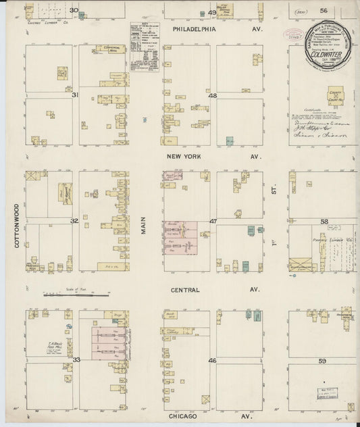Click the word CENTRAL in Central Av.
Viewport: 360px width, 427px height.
pyautogui.click(x=185, y=290)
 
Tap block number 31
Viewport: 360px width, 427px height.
pyautogui.click(x=75, y=95)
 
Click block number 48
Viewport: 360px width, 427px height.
pyautogui.click(x=212, y=96)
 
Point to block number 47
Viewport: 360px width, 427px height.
pyautogui.click(x=212, y=221)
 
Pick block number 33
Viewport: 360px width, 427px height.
pyautogui.click(x=76, y=361)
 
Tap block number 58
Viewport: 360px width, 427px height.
pyautogui.click(x=324, y=221)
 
